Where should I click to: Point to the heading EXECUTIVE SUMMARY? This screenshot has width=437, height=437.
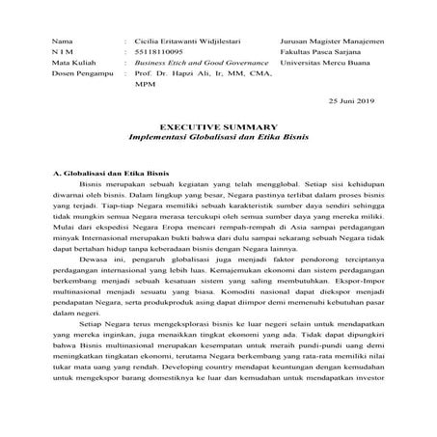tap(218, 141)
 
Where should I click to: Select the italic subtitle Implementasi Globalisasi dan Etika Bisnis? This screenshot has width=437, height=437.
tap(218, 153)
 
